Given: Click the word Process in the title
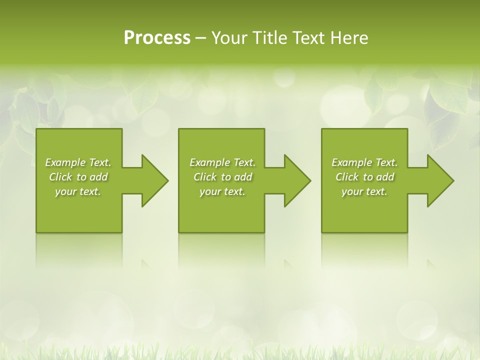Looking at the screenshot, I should [157, 38].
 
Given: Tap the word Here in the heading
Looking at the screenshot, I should [349, 38].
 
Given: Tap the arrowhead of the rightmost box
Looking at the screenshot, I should [440, 180].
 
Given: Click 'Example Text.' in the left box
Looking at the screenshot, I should [78, 162].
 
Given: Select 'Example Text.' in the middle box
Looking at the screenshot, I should [222, 162].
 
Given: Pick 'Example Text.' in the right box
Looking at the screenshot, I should [364, 162].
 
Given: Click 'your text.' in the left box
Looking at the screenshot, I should [78, 191].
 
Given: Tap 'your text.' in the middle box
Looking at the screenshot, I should [222, 191].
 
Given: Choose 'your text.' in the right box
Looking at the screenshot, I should [364, 191].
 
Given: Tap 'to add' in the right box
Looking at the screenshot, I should [379, 177].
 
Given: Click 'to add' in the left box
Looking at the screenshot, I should [92, 177].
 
